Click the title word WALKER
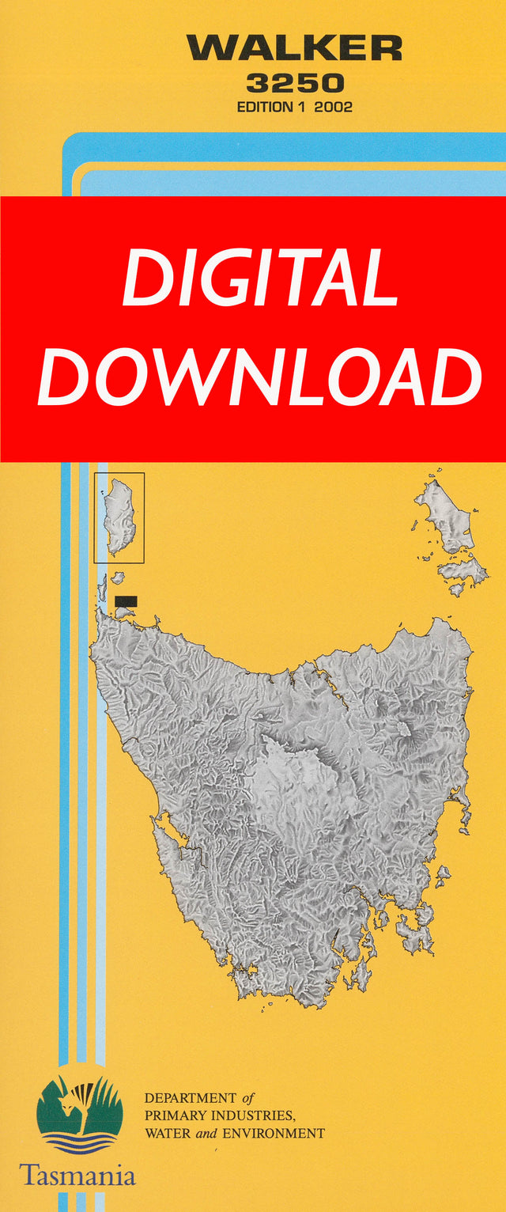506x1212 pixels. pyautogui.click(x=294, y=49)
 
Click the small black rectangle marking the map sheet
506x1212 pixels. pyautogui.click(x=126, y=601)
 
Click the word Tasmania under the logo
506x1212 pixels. pyautogui.click(x=77, y=1174)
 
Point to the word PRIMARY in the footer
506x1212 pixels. pyautogui.click(x=172, y=1115)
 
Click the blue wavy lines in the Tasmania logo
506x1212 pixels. pyautogui.click(x=78, y=1140)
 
